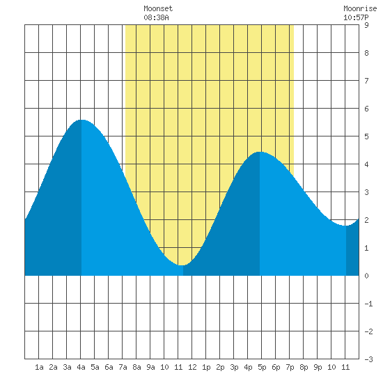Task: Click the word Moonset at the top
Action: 158,8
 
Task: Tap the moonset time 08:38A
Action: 156,17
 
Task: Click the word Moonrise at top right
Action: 360,8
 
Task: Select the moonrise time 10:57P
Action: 356,17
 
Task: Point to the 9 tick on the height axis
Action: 366,25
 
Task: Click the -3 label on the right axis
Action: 368,359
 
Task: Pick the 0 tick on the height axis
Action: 366,276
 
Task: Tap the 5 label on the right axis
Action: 366,136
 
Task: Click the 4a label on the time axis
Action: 81,367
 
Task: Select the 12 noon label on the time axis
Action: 192,367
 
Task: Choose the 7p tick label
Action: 290,367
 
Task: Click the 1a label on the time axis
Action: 39,367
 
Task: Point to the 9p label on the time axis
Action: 318,367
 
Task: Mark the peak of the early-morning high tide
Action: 81,120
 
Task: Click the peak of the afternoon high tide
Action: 260,152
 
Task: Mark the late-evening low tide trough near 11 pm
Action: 346,226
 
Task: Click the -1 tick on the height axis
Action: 368,304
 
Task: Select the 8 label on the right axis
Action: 366,53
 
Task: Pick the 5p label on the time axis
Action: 262,367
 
